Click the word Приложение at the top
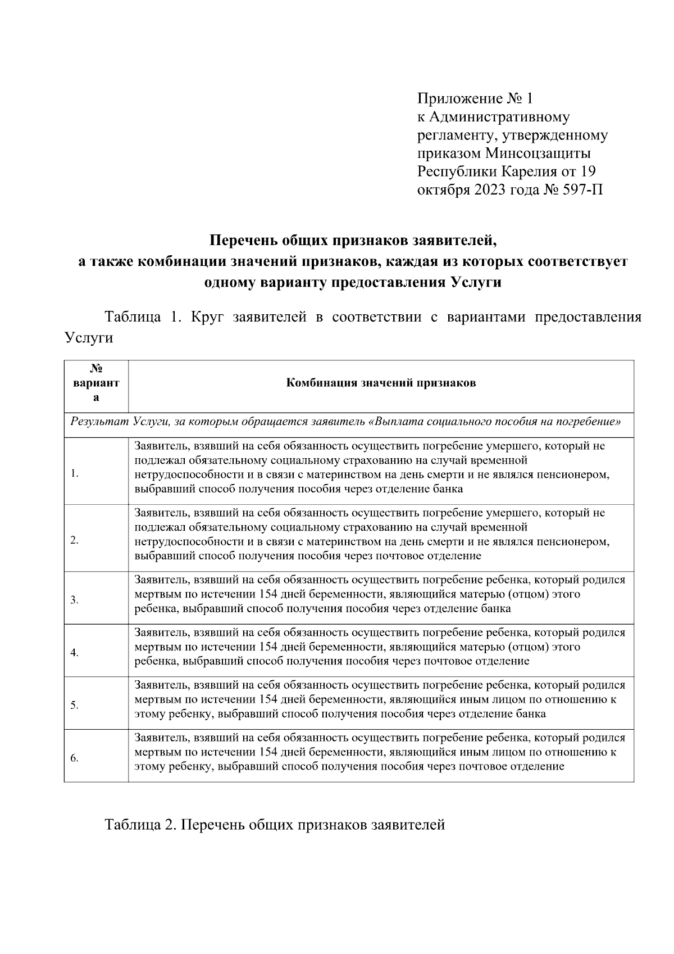pos(459,100)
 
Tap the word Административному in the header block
pos(499,117)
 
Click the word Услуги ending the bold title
pos(477,282)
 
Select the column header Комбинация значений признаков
pos(381,383)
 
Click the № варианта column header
pos(96,383)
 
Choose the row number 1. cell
pos(75,474)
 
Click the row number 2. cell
pos(75,541)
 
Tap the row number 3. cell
pos(75,600)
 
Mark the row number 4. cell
pos(75,653)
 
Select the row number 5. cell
pos(75,706)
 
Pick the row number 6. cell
pos(75,758)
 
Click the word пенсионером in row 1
pos(576,474)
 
